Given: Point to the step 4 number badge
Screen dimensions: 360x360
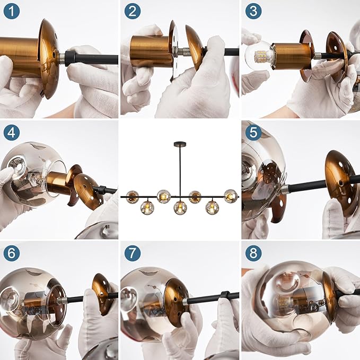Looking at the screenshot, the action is point(12,132).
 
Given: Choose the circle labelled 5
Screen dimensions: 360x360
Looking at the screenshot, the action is point(253,132).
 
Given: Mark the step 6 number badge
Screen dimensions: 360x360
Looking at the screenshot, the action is point(12,253).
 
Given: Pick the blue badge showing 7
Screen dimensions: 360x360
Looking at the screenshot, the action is point(133,253).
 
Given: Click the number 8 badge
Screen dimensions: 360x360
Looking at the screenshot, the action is point(253,253).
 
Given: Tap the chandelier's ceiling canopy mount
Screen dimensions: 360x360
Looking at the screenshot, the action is point(180,144).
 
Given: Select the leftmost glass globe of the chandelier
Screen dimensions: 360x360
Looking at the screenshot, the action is point(132,197).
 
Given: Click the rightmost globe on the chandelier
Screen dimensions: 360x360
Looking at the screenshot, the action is point(231,196).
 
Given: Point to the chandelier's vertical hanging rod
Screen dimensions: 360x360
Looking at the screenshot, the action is point(180,171).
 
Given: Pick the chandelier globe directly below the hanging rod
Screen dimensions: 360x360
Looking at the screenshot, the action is point(180,208).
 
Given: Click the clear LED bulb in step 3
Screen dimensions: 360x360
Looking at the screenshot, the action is point(260,55).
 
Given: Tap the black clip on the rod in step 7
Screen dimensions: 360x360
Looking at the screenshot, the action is point(225,295).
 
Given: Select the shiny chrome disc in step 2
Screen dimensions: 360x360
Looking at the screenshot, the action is point(174,50).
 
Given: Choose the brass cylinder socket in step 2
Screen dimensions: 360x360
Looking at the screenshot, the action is point(151,51).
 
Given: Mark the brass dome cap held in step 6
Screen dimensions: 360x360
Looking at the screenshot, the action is point(102,293).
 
